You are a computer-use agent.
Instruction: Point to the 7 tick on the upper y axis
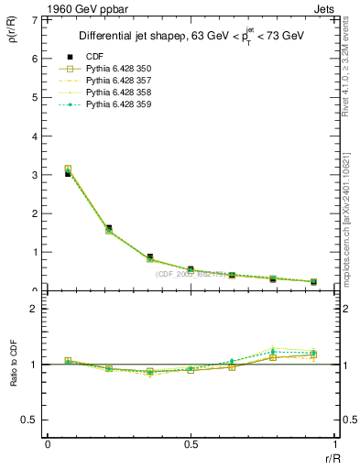(x=34, y=19)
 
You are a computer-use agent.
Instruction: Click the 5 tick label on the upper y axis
(x=34, y=97)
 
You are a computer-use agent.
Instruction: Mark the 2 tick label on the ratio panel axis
(x=34, y=309)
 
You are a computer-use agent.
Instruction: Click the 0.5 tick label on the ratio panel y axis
(x=30, y=420)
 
